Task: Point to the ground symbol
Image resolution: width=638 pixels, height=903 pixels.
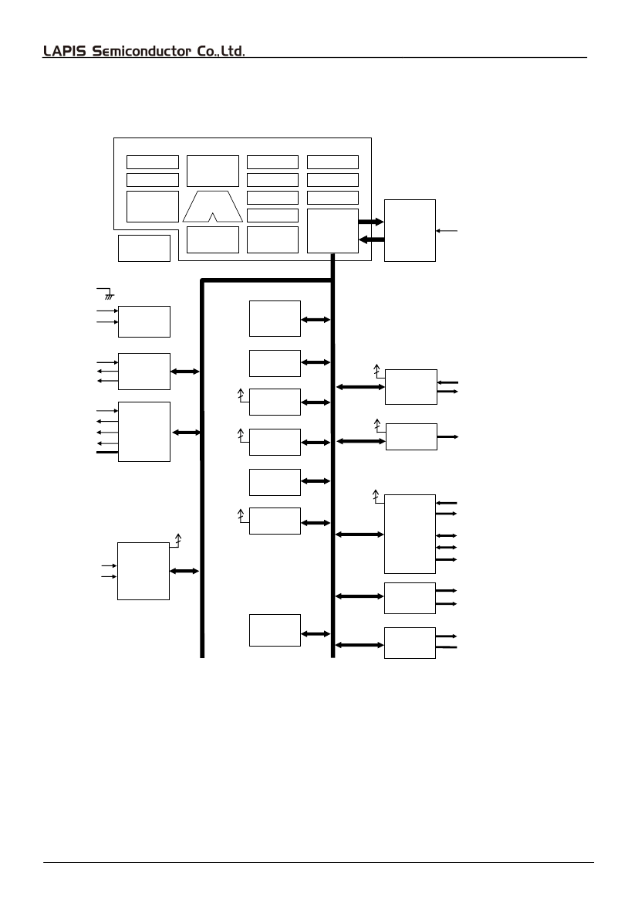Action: (109, 295)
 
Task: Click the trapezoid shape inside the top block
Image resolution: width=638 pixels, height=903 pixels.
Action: (212, 206)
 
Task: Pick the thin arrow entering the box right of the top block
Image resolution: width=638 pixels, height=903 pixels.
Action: (448, 230)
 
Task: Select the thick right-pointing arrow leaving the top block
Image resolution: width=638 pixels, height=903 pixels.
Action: (371, 221)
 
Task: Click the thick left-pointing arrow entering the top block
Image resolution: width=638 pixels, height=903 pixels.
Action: (372, 239)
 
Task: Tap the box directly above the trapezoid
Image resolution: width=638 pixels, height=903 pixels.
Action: (212, 171)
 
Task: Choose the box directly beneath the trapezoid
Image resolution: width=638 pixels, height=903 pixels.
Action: (212, 239)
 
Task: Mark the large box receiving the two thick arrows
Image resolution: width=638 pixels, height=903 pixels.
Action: (410, 230)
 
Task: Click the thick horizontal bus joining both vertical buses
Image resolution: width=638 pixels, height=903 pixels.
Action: (267, 281)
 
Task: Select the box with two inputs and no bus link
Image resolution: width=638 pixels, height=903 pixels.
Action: (143, 321)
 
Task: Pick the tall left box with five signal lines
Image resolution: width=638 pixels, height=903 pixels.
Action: (143, 431)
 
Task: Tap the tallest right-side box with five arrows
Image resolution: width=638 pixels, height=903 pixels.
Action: (410, 533)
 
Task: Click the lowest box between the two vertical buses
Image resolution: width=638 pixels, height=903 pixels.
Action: (275, 630)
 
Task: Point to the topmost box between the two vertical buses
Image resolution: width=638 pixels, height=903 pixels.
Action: (275, 318)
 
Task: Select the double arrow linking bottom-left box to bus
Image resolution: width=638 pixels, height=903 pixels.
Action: (185, 571)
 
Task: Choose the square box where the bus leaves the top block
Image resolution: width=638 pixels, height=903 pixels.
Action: (333, 230)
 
